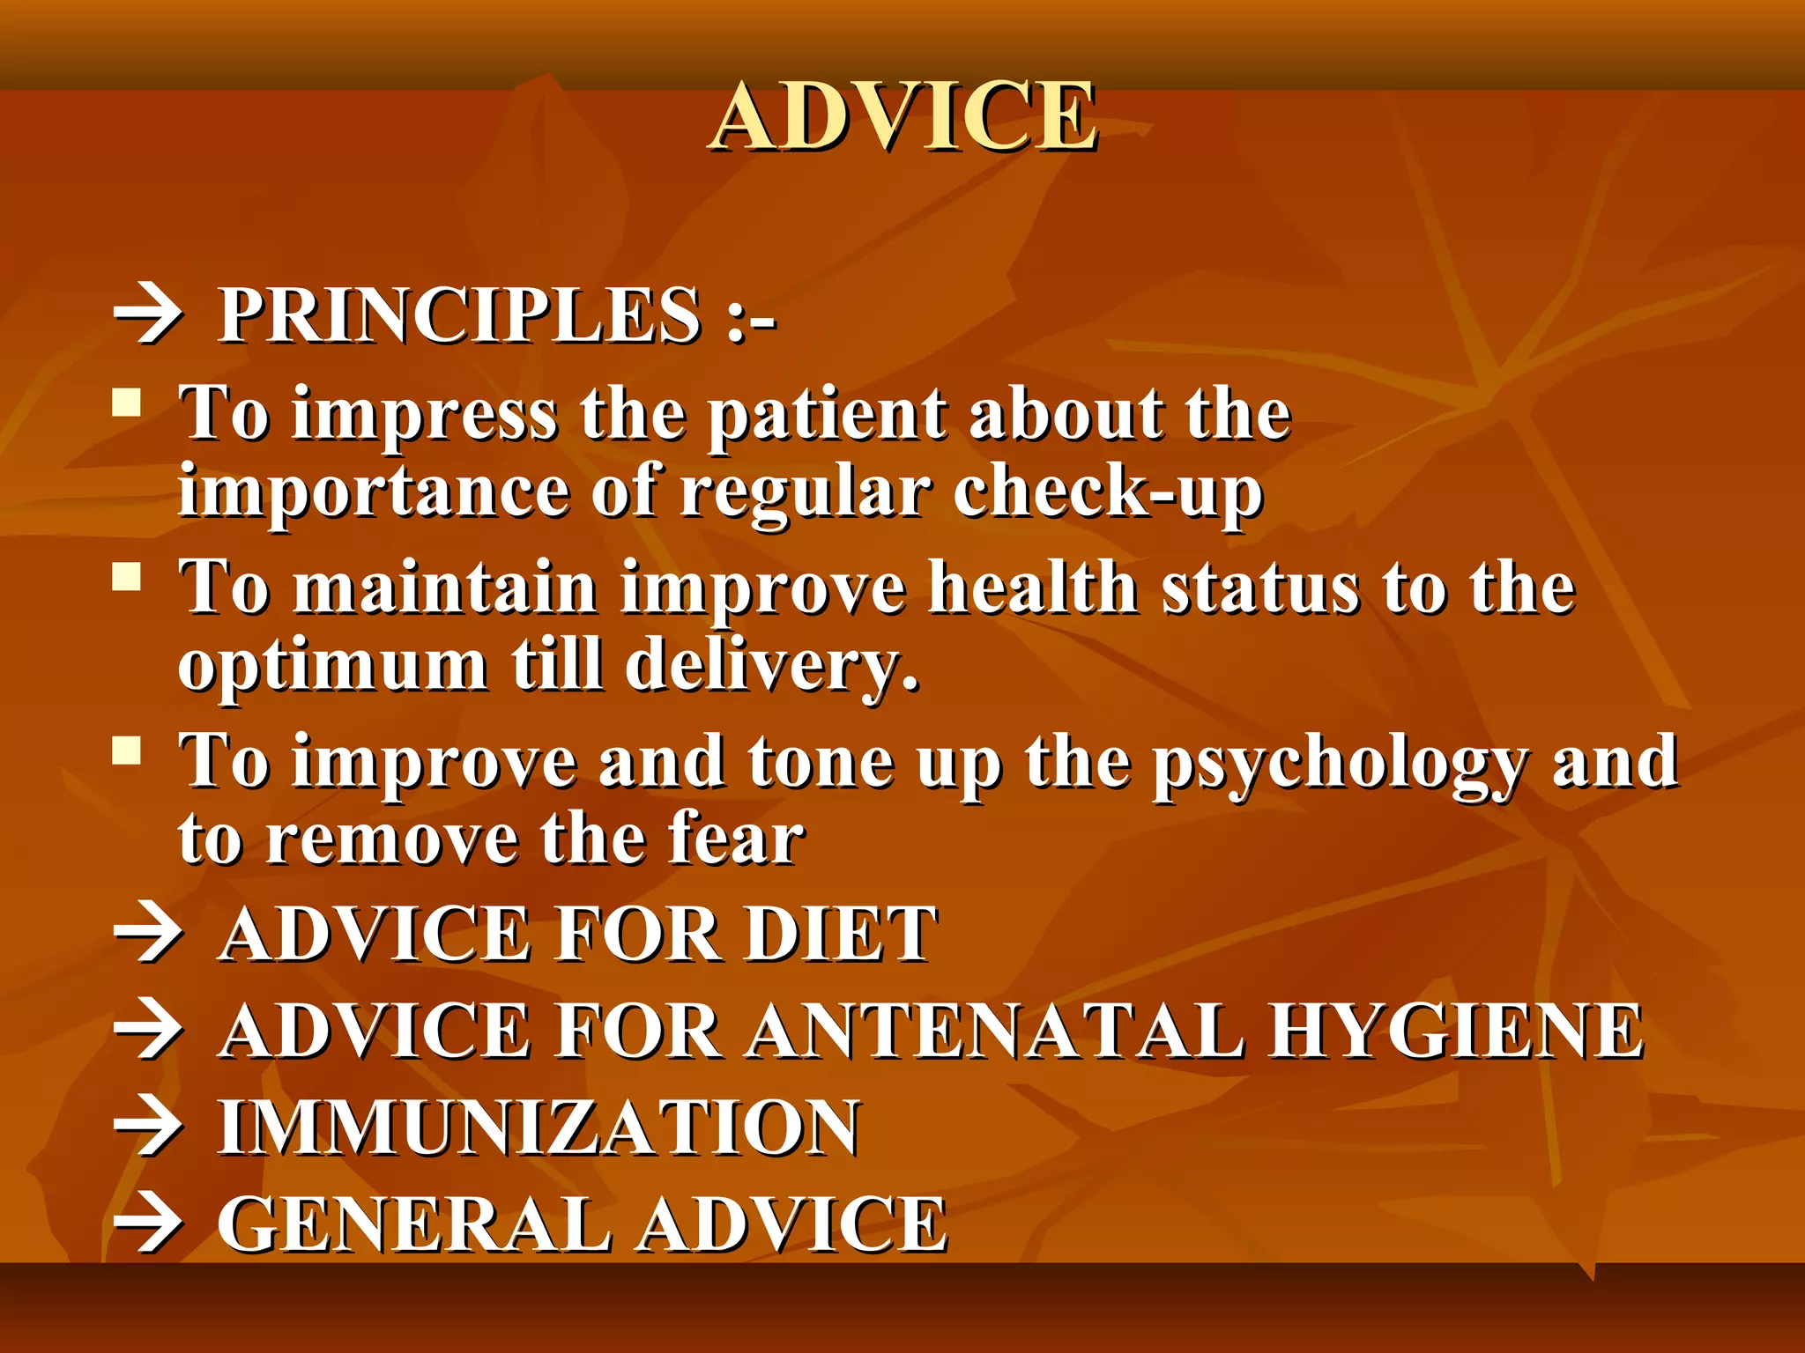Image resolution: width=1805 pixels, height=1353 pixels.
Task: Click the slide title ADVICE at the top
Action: pyautogui.click(x=903, y=116)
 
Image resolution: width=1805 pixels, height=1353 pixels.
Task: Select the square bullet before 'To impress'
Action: pyautogui.click(x=128, y=403)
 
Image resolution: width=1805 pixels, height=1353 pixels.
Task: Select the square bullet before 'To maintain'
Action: pyautogui.click(x=128, y=578)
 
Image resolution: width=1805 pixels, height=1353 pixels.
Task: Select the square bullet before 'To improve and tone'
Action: pyautogui.click(x=128, y=751)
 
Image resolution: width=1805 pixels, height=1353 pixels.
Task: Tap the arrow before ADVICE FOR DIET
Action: pyautogui.click(x=148, y=935)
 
